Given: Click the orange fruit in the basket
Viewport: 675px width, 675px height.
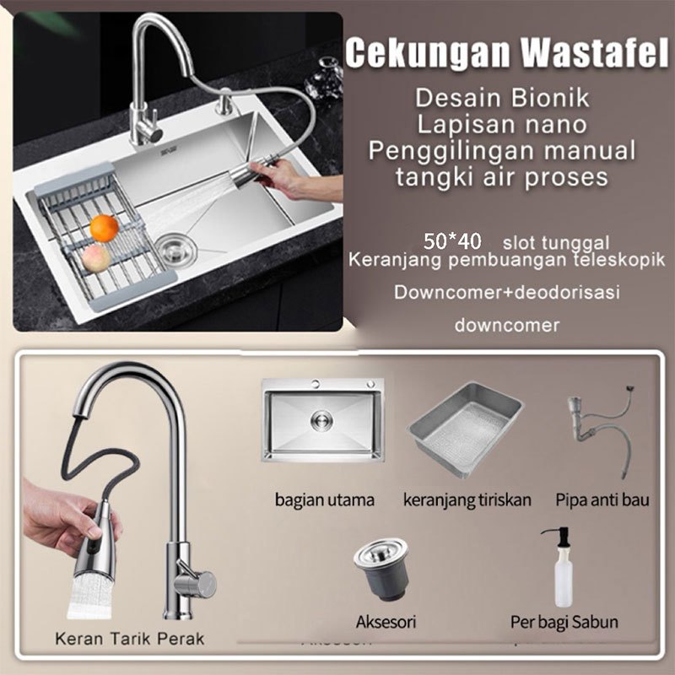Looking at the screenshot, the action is pos(104,228).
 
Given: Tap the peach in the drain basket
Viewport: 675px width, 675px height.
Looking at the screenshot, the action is pos(95,258).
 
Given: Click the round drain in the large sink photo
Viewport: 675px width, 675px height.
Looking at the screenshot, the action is pos(175,249).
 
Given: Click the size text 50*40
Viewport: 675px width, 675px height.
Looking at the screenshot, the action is pos(452,241).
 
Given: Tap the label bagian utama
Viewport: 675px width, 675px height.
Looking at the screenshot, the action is pos(325,500).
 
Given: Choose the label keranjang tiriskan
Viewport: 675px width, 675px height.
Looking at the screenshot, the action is pos(467,500).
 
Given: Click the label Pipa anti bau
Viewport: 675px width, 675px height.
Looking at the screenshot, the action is pos(602,499).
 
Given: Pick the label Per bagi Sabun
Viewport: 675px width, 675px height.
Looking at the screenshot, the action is pos(564,622).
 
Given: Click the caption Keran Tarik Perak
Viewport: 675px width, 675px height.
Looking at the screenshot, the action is pos(130,639).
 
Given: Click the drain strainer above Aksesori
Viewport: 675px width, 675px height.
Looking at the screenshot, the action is pos(382,569).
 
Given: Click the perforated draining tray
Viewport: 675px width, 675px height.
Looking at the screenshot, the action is pos(466,429).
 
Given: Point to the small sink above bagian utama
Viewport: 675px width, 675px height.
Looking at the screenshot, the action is pos(323,420).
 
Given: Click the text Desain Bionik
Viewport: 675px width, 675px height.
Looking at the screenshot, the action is pos(502,98).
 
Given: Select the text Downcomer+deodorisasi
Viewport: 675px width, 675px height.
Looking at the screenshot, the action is pos(507,292).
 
